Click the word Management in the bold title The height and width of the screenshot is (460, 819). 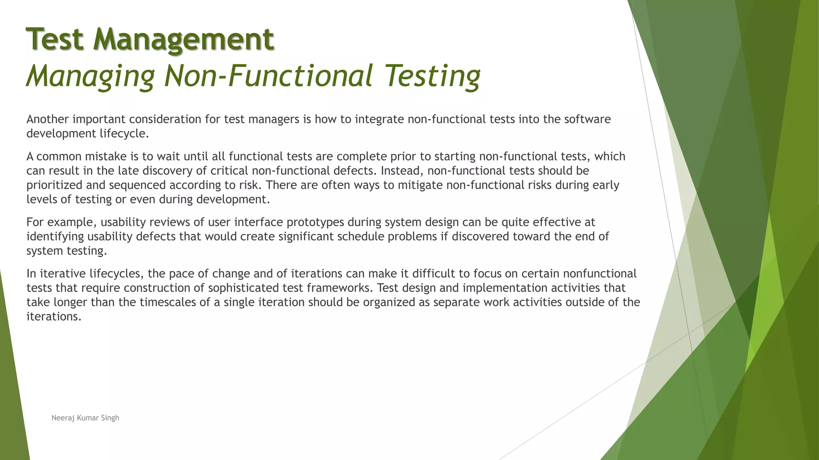pyautogui.click(x=184, y=39)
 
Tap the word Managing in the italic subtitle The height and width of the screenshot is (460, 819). pyautogui.click(x=90, y=76)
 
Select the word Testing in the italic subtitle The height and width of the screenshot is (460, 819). pyautogui.click(x=433, y=76)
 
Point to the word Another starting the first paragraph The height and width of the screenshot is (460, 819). pyautogui.click(x=48, y=119)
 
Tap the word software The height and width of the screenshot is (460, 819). pyautogui.click(x=587, y=119)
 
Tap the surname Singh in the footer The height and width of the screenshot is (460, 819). pyautogui.click(x=110, y=418)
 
